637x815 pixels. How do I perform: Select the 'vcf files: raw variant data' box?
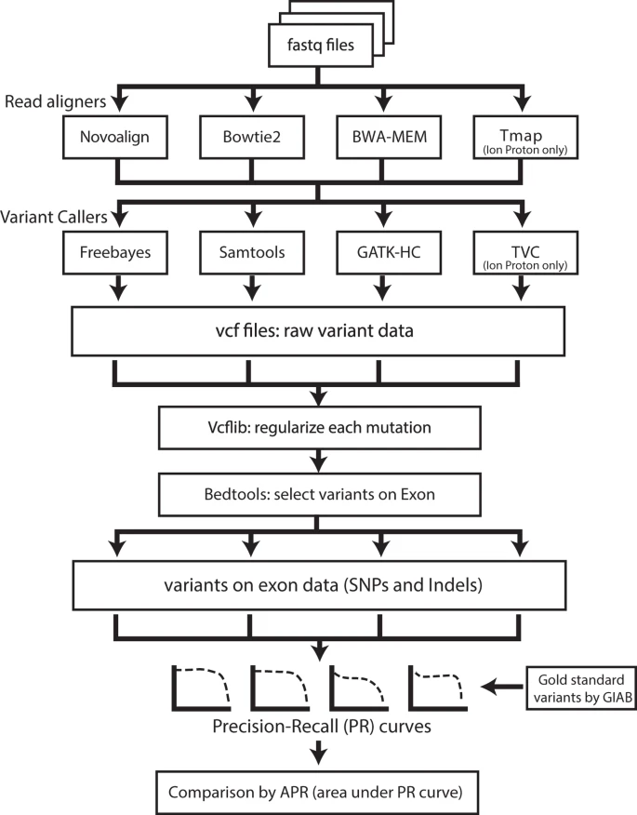tap(319, 328)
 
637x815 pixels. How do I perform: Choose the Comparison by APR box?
tap(319, 792)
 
